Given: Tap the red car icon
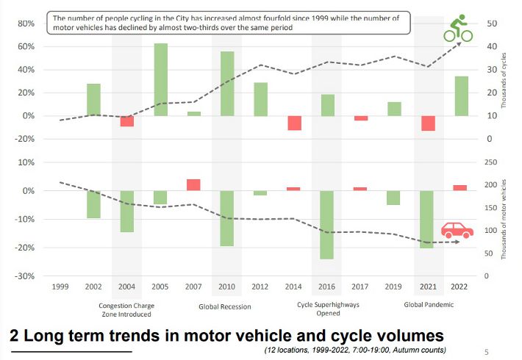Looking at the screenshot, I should [457, 230].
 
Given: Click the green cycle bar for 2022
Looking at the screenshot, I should [460, 96].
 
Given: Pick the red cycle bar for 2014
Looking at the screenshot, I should [295, 123].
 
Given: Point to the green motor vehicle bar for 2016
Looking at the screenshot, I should [327, 224].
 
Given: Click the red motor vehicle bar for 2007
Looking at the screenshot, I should [193, 184].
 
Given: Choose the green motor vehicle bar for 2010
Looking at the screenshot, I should [227, 217].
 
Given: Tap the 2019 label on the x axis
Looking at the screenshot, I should [394, 287].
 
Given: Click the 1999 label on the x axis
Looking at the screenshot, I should [60, 287].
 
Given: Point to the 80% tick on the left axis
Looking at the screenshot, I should [26, 24].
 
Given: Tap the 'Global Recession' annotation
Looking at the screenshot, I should [225, 306].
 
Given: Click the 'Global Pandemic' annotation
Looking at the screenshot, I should [429, 304].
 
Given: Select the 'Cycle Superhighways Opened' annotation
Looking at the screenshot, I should [328, 309].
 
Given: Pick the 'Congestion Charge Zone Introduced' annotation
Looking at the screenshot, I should [126, 309].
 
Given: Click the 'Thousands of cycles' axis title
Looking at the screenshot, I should [504, 81].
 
